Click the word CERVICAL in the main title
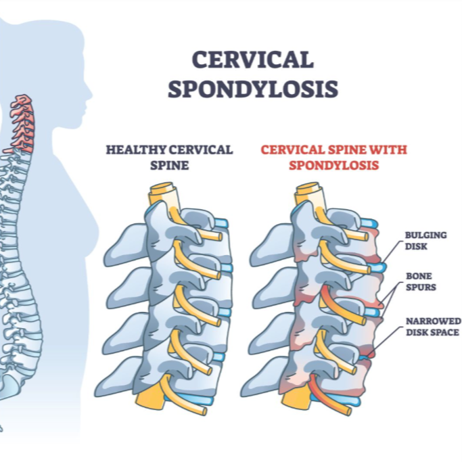[253, 60]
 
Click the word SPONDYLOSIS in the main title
[253, 89]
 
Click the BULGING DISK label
[425, 241]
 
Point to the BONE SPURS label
[421, 281]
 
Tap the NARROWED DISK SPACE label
[433, 327]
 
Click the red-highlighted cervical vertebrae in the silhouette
[22, 124]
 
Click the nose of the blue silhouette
[90, 95]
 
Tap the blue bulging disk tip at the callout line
[381, 267]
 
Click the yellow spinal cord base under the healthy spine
[151, 394]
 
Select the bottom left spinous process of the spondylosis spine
[260, 377]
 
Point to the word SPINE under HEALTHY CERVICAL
[169, 165]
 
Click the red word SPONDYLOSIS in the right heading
[333, 165]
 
